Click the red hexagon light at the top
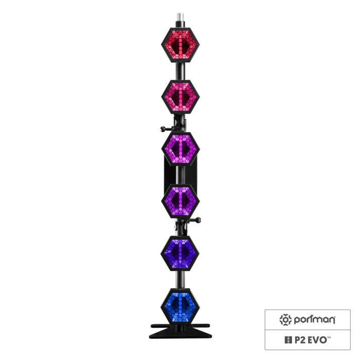pyautogui.click(x=179, y=45)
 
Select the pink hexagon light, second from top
pyautogui.click(x=180, y=96)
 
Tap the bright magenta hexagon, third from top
pyautogui.click(x=180, y=149)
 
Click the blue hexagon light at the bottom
pyautogui.click(x=180, y=305)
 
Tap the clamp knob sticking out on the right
pyautogui.click(x=197, y=221)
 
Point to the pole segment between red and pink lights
pyautogui.click(x=180, y=70)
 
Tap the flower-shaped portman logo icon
pyautogui.click(x=285, y=320)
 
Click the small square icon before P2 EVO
pyautogui.click(x=287, y=339)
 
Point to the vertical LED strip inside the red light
pyautogui.click(x=180, y=45)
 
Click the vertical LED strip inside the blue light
pyautogui.click(x=180, y=305)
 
